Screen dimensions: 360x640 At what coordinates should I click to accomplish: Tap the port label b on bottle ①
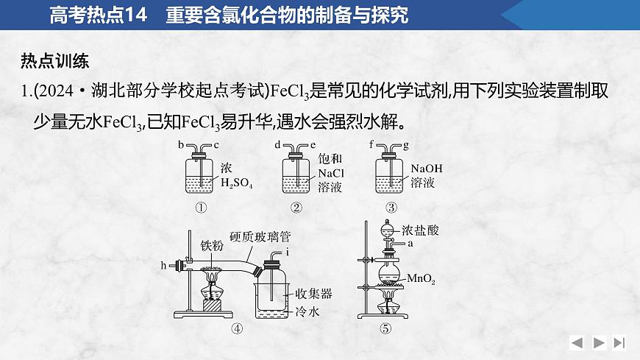[180, 146]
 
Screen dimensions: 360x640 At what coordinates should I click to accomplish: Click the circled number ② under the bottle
[296, 208]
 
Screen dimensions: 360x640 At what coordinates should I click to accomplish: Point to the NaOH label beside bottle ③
[427, 169]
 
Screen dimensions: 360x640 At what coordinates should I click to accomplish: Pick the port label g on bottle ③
[406, 146]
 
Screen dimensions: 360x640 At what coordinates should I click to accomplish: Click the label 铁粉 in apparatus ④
[213, 244]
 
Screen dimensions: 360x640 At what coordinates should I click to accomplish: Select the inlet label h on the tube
[164, 264]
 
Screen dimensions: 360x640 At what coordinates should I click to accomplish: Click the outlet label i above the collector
[288, 253]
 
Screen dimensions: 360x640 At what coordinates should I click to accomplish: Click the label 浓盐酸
[421, 230]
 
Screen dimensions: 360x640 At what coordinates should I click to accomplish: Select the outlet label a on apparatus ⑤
[410, 242]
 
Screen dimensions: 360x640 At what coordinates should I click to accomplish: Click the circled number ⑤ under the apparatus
[386, 329]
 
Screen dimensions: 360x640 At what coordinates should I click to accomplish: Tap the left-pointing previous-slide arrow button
[577, 342]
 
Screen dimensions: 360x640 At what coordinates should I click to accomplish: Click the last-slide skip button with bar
[619, 342]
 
